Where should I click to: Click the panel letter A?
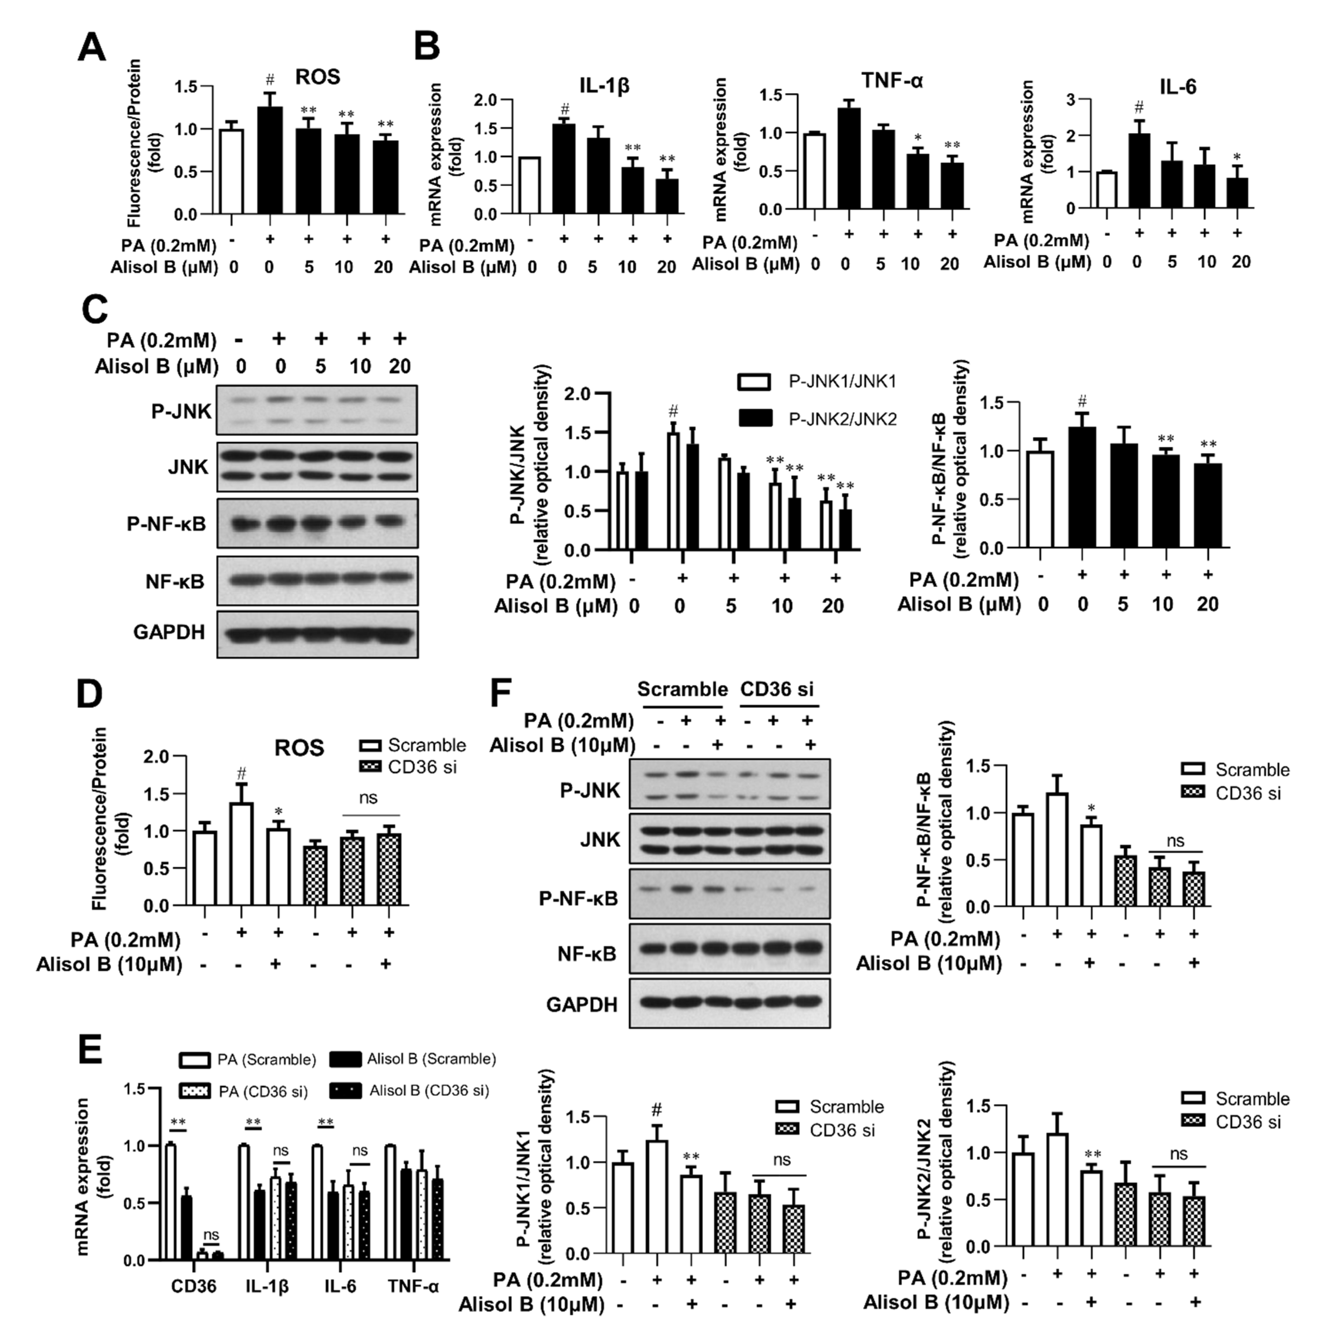(92, 49)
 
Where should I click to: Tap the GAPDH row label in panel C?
(169, 632)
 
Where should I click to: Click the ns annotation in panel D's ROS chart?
(368, 798)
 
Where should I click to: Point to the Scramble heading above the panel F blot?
(682, 689)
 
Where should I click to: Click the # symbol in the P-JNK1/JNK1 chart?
(656, 1110)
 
